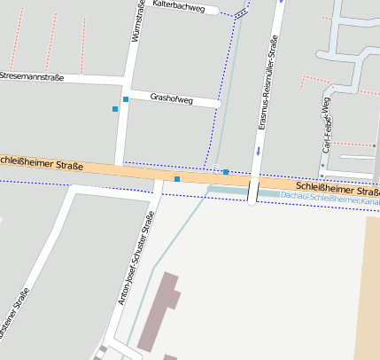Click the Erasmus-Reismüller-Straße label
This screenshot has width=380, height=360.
268,82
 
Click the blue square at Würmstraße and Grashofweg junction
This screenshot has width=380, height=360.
126,98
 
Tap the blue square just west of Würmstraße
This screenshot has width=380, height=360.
115,109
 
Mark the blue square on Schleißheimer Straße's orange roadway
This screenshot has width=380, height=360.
177,179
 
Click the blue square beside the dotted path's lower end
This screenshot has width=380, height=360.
226,171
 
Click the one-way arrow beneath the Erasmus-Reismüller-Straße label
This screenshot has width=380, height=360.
258,150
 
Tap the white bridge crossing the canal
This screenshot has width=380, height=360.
253,192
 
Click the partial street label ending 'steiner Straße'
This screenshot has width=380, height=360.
16,319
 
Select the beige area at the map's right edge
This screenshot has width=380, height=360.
371,284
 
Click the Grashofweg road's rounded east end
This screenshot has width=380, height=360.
216,104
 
